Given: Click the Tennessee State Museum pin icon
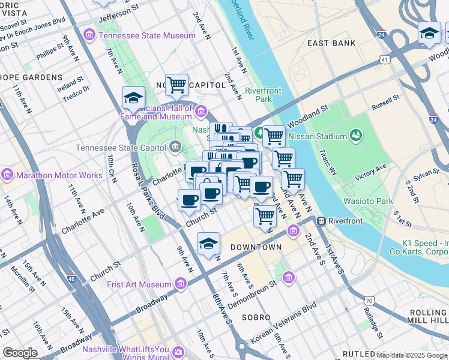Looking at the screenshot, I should pos(90,35).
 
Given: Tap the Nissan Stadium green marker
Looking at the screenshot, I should pos(357,135).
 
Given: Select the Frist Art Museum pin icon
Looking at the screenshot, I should pos(181,284).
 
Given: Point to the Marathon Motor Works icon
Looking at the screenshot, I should pos(7,175).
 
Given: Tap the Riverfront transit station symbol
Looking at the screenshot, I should pos(322,221).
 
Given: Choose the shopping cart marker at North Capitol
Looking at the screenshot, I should pos(176,85).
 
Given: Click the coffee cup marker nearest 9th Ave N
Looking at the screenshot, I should pos(189,200).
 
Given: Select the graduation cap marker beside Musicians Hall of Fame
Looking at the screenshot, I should pos(133,98).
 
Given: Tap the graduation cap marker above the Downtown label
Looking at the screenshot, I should pos(208,244).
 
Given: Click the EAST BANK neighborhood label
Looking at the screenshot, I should pos(331,43).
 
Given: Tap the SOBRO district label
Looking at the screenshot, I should pos(256,317).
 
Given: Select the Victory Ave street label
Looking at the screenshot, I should pos(373,175).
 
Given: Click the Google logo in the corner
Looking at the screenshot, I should pos(20,353).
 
